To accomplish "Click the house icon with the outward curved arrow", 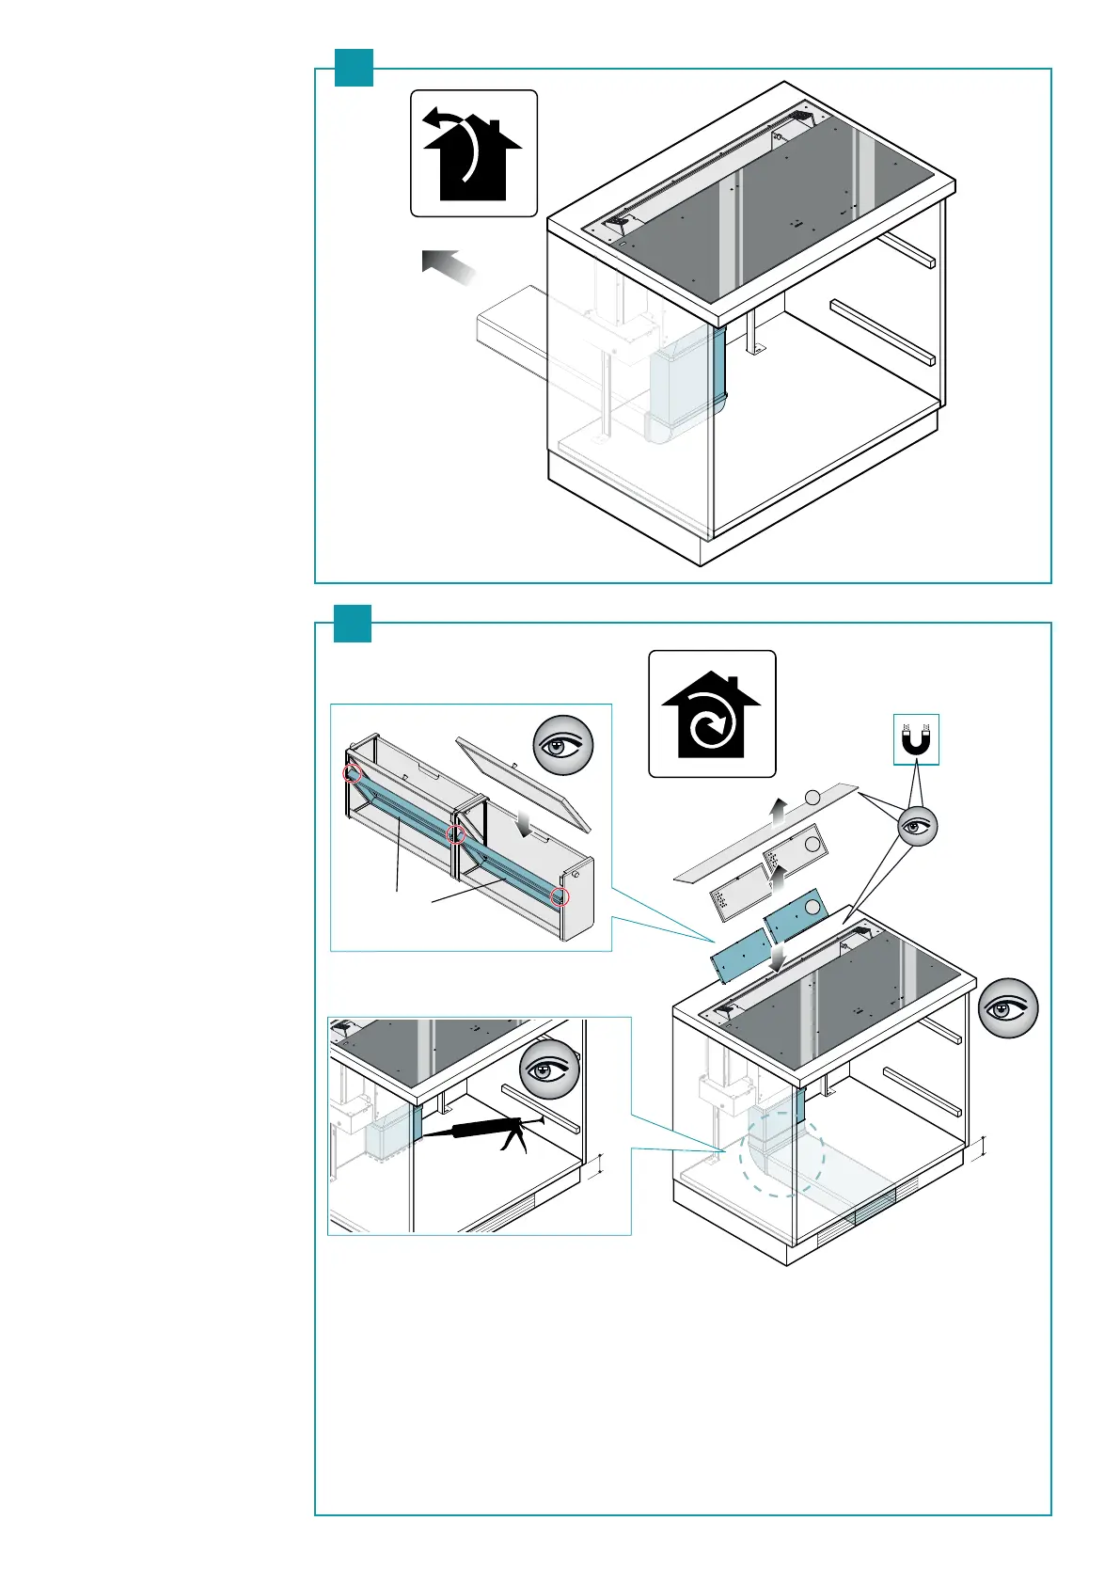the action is [x=473, y=153].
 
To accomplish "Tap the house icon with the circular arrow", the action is [x=712, y=715].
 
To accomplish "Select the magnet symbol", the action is [x=915, y=739].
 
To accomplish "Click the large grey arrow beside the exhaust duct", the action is [x=450, y=266].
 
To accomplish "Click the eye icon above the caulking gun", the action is [x=549, y=1070].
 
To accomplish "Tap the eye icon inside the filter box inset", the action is [x=563, y=747].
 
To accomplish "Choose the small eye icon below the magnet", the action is [x=918, y=827].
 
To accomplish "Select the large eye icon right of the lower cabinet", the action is [x=1009, y=1008].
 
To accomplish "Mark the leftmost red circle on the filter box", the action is [x=352, y=772].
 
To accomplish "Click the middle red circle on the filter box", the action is [x=456, y=834].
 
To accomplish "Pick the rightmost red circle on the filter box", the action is [x=560, y=895].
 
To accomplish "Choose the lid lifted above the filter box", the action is [x=523, y=783].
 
